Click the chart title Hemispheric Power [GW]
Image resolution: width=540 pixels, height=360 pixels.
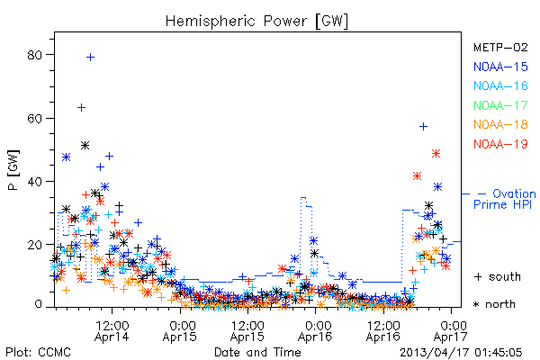[256, 21]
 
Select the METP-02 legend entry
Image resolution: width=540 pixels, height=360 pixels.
[500, 47]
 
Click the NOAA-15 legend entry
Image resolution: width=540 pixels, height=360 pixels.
[500, 67]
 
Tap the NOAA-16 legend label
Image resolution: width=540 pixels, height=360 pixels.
[500, 85]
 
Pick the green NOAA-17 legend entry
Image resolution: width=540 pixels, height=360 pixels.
[500, 105]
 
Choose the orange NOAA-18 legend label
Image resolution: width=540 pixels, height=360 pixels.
[500, 124]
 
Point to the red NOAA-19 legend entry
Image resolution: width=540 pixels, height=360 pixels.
[500, 144]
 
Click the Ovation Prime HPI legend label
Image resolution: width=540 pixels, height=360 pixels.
[505, 199]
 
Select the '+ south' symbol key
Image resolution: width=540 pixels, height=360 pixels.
[498, 276]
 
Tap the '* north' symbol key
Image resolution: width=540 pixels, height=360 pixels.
[494, 304]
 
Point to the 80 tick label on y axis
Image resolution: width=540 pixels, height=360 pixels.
[35, 55]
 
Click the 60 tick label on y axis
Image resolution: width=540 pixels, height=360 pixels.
[35, 118]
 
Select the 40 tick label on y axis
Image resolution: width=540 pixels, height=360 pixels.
[35, 182]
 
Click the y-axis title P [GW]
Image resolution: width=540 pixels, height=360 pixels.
[13, 170]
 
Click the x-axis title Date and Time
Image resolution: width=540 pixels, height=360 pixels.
[257, 352]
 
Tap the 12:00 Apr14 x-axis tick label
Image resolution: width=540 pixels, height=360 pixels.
[112, 331]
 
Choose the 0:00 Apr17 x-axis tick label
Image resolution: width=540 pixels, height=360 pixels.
[451, 331]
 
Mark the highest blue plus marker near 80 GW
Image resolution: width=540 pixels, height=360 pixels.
[90, 58]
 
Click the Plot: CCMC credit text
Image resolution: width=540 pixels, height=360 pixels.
[38, 352]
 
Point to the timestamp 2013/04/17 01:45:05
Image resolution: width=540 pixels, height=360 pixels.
[461, 353]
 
